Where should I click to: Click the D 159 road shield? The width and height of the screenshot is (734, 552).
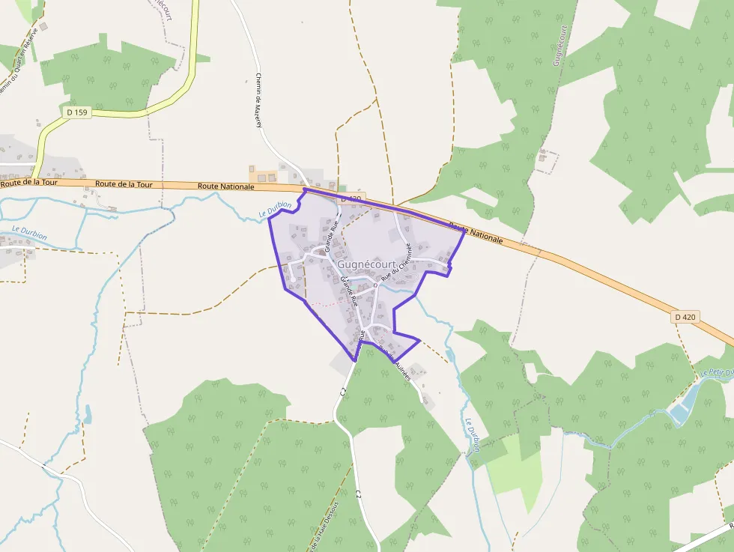[75, 112]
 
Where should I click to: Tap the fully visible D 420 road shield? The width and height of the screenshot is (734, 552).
[685, 317]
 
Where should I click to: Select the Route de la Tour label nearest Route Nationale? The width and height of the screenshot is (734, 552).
[124, 184]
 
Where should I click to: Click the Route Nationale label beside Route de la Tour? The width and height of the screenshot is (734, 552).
[226, 186]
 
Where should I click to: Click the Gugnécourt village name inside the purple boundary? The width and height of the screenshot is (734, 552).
[366, 264]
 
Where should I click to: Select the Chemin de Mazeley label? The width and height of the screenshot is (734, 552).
[258, 99]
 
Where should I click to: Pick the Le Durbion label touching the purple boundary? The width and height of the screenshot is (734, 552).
[275, 211]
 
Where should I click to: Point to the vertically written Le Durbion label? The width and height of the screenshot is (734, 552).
[472, 435]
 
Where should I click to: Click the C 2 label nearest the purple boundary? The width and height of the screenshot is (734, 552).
[342, 391]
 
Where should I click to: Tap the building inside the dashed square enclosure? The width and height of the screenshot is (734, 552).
[542, 157]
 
